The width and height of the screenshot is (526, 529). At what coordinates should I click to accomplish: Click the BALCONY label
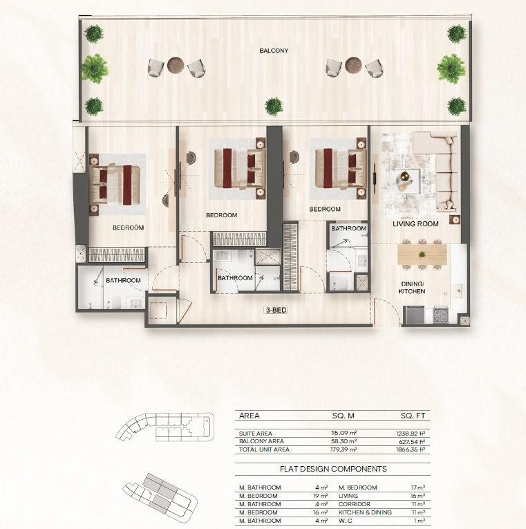point(274,51)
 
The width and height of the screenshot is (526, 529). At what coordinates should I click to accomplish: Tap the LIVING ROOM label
point(415,224)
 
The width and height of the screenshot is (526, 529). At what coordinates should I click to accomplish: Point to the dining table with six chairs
point(422,255)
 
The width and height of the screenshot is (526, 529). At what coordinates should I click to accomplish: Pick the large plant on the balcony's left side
point(95,68)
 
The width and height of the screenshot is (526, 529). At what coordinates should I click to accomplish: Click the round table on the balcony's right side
point(353,65)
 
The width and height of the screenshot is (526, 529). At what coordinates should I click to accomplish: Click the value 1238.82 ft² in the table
point(406,433)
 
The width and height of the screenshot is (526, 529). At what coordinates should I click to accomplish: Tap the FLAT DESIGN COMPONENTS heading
point(332,468)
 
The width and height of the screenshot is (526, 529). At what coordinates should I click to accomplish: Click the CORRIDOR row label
point(353,504)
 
